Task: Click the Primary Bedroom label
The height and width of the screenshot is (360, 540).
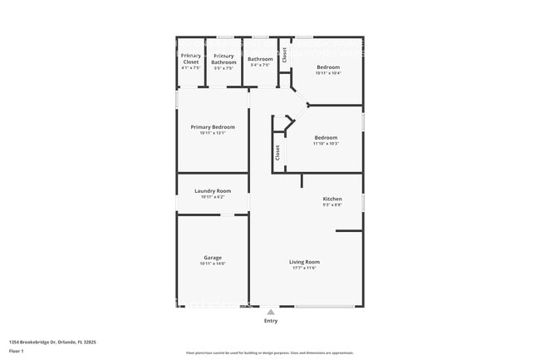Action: pyautogui.click(x=213, y=127)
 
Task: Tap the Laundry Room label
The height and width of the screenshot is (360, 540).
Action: pyautogui.click(x=213, y=191)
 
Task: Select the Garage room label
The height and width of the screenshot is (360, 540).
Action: pyautogui.click(x=213, y=258)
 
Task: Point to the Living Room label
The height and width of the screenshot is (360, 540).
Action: pyautogui.click(x=306, y=262)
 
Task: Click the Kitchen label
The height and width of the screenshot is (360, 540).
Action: pyautogui.click(x=332, y=199)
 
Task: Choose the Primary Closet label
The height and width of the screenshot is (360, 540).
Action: pyautogui.click(x=191, y=58)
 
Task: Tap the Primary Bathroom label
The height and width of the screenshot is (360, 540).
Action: pyautogui.click(x=223, y=58)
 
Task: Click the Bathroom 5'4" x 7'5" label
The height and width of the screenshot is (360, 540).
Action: pyautogui.click(x=260, y=59)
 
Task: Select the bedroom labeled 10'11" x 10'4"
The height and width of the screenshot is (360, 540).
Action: pyautogui.click(x=328, y=67)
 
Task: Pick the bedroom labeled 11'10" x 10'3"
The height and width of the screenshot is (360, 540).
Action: pyautogui.click(x=326, y=137)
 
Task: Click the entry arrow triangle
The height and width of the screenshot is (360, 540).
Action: pyautogui.click(x=270, y=312)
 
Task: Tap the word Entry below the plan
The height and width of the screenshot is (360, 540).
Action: pyautogui.click(x=271, y=321)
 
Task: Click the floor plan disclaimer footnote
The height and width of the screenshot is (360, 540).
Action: pyautogui.click(x=269, y=353)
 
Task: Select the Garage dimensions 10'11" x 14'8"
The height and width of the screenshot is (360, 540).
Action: pyautogui.click(x=213, y=264)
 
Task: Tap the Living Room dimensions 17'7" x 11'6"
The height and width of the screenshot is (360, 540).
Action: pyautogui.click(x=306, y=268)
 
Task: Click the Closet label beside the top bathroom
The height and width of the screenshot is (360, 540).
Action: pyautogui.click(x=284, y=55)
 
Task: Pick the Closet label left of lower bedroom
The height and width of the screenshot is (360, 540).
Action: pyautogui.click(x=277, y=153)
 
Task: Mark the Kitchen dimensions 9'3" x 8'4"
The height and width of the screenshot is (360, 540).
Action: pyautogui.click(x=332, y=205)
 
